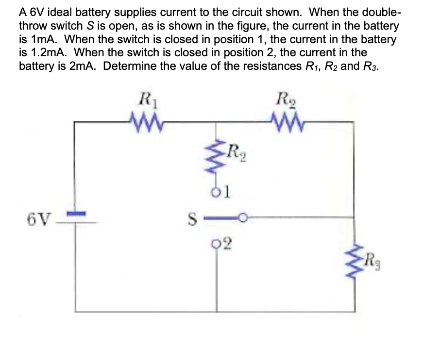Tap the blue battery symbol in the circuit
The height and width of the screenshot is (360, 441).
click(76, 214)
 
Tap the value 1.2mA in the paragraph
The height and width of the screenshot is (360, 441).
click(40, 51)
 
